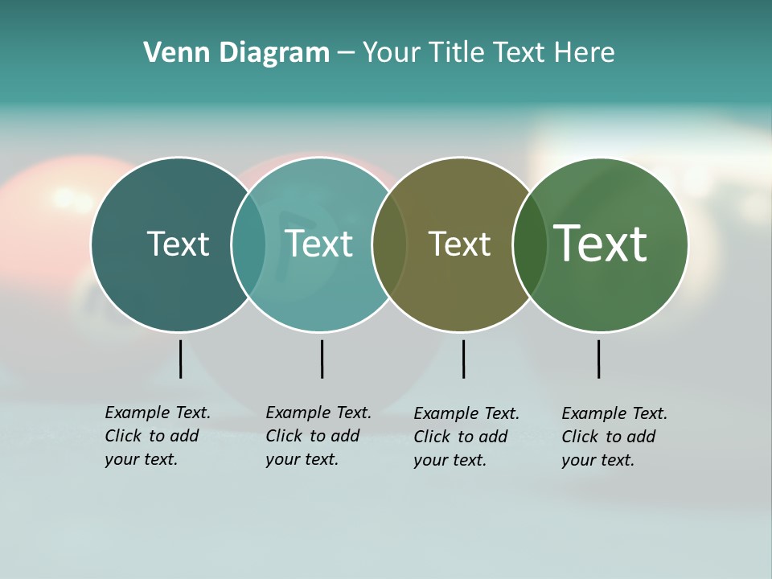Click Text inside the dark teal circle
178,244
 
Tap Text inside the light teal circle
318,244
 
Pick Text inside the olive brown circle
459,244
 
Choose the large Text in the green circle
601,244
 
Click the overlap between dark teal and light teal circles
248,244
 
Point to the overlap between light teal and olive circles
389,244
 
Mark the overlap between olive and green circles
529,244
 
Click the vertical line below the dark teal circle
180,359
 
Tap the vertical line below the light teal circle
322,359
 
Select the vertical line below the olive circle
463,359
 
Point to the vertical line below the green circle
598,359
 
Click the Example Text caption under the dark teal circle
157,436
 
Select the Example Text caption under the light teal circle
318,436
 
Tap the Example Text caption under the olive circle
466,437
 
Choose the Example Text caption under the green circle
614,437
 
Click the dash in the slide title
346,54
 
